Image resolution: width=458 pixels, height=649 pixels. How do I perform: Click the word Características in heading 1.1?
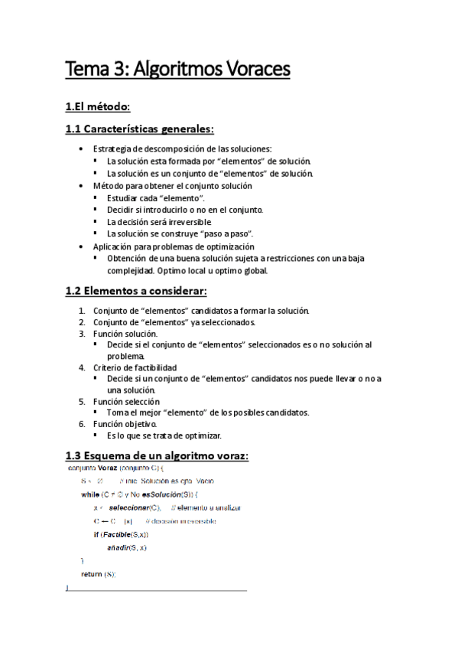click(132, 129)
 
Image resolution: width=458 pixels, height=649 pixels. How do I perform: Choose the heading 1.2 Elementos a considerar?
click(137, 292)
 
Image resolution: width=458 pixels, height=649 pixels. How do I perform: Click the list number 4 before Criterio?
click(82, 368)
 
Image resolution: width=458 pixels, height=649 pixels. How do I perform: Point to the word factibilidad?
click(152, 368)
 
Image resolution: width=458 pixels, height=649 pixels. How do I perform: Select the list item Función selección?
click(126, 401)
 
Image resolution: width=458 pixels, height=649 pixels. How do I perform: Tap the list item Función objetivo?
click(125, 423)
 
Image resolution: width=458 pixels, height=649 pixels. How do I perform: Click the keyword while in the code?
click(89, 494)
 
